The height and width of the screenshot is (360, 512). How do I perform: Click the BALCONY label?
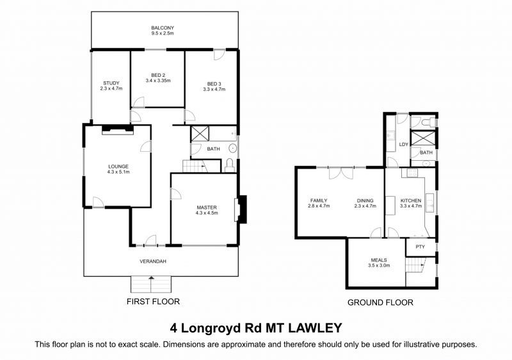point(163,28)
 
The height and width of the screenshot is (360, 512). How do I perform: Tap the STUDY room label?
point(111,83)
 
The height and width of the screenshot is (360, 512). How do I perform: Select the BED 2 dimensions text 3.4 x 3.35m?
point(158,81)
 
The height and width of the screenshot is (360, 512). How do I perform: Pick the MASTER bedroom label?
point(206,208)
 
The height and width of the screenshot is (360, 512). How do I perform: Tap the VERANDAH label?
point(154,261)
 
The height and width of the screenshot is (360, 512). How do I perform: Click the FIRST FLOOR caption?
point(153,301)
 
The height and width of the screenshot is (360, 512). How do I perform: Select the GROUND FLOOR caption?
point(380,302)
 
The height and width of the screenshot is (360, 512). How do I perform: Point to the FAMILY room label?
point(319,200)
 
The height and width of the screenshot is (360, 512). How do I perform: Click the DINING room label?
point(365,200)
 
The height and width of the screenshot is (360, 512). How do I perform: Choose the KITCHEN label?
point(411,200)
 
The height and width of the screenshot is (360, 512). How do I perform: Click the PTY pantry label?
point(420,247)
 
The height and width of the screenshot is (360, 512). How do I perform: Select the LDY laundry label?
point(403,144)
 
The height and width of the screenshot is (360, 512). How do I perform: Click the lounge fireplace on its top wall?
point(117,130)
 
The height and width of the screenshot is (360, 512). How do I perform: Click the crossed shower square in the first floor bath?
point(200,134)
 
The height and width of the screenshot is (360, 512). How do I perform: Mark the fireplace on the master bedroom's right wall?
point(241,209)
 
